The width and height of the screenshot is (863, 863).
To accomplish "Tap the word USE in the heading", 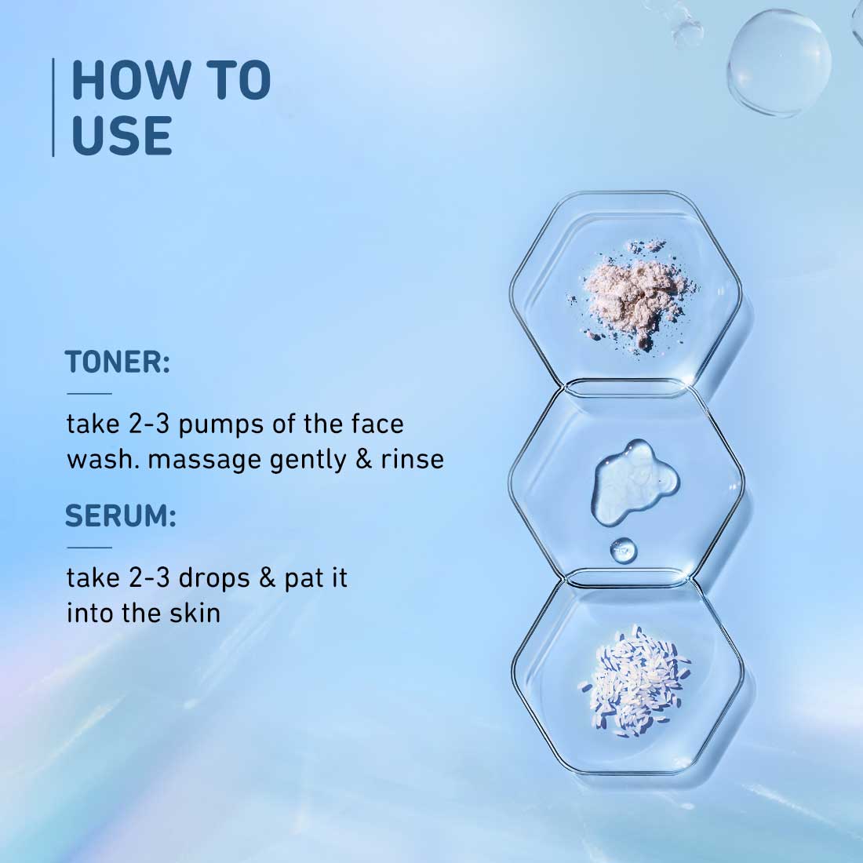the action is (122, 135).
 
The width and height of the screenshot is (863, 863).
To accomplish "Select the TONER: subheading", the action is (117, 362).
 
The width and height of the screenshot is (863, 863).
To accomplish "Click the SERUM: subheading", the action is (121, 515).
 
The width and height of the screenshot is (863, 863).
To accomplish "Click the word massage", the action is (204, 461).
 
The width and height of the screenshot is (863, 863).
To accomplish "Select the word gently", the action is (308, 460).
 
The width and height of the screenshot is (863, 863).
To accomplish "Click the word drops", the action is (215, 577).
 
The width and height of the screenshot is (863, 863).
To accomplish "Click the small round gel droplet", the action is (623, 549).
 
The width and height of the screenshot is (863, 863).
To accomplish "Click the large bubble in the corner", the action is (779, 62).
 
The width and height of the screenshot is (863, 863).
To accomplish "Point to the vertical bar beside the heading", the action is (53, 107).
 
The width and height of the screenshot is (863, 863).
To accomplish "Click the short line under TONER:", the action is (89, 394).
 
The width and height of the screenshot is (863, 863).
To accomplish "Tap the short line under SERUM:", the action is (89, 548).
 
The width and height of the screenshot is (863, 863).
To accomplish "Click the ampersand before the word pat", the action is (268, 577).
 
